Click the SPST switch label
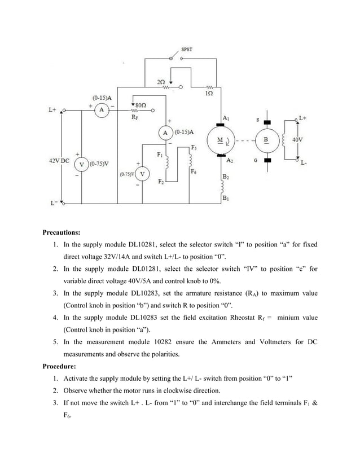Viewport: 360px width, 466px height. (x=187, y=49)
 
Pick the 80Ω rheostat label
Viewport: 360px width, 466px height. (x=141, y=105)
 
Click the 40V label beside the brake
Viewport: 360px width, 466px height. (x=298, y=139)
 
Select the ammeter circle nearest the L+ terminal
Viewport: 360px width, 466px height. (x=100, y=110)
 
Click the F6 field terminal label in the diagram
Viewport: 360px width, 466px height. (x=194, y=171)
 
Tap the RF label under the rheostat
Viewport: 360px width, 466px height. (x=134, y=118)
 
